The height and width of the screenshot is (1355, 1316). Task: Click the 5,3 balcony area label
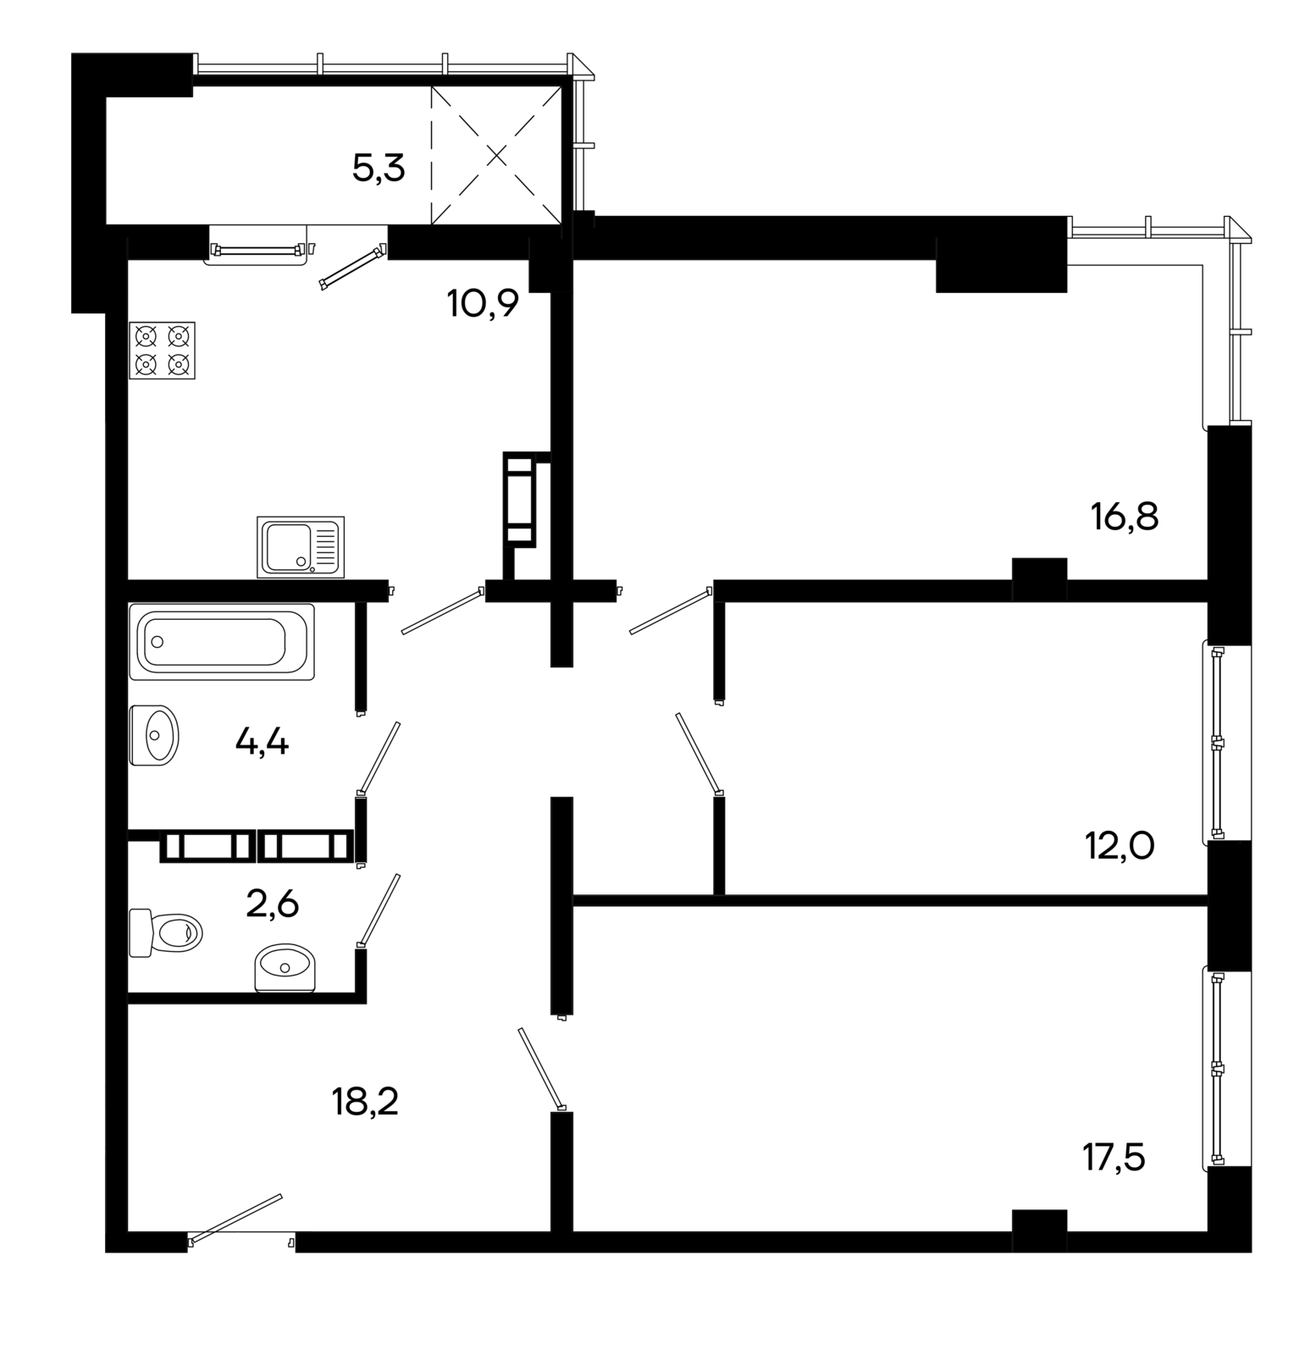tap(379, 169)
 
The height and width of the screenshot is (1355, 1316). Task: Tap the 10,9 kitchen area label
tap(483, 302)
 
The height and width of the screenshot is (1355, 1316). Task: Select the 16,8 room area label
tap(1125, 516)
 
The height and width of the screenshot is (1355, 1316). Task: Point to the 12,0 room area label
tap(1120, 845)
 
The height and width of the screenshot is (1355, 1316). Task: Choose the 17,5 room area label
tap(1114, 1157)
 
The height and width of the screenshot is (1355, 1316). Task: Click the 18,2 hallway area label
tap(365, 1103)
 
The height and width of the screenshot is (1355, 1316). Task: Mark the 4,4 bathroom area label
tap(262, 743)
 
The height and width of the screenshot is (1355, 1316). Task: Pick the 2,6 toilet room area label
tap(272, 904)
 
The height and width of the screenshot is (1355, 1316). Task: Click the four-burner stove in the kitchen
tap(162, 350)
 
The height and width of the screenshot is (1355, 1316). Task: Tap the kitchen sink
tap(301, 547)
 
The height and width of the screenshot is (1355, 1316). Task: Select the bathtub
tap(222, 642)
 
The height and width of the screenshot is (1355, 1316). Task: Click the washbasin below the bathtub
tap(154, 735)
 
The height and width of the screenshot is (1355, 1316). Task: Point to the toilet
tap(166, 932)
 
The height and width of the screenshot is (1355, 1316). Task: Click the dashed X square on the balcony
tap(496, 155)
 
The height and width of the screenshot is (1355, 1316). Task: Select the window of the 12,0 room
tap(1216, 743)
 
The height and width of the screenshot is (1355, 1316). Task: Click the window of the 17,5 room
tap(1216, 1070)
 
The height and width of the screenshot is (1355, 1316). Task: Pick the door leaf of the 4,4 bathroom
tap(379, 756)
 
